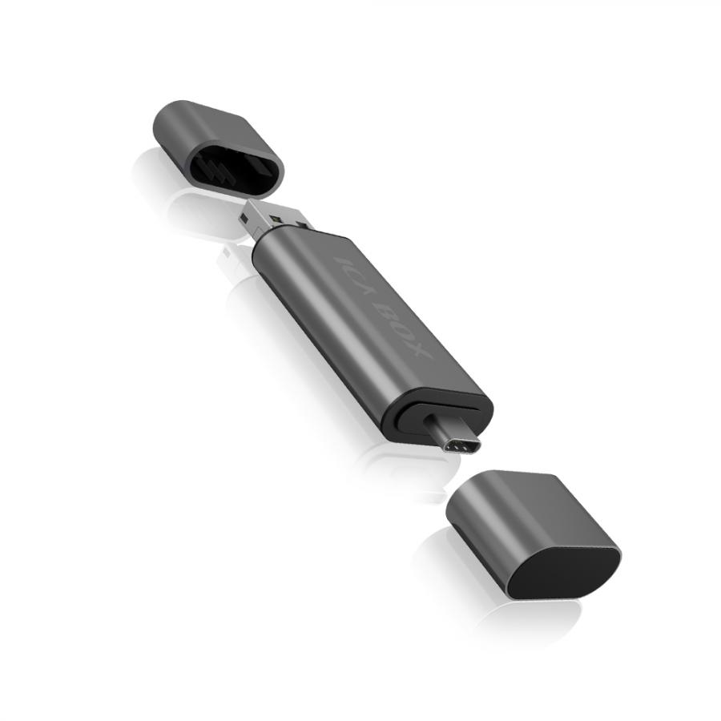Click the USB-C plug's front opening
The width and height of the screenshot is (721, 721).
462,446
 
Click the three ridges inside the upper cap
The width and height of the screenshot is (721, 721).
216,169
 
